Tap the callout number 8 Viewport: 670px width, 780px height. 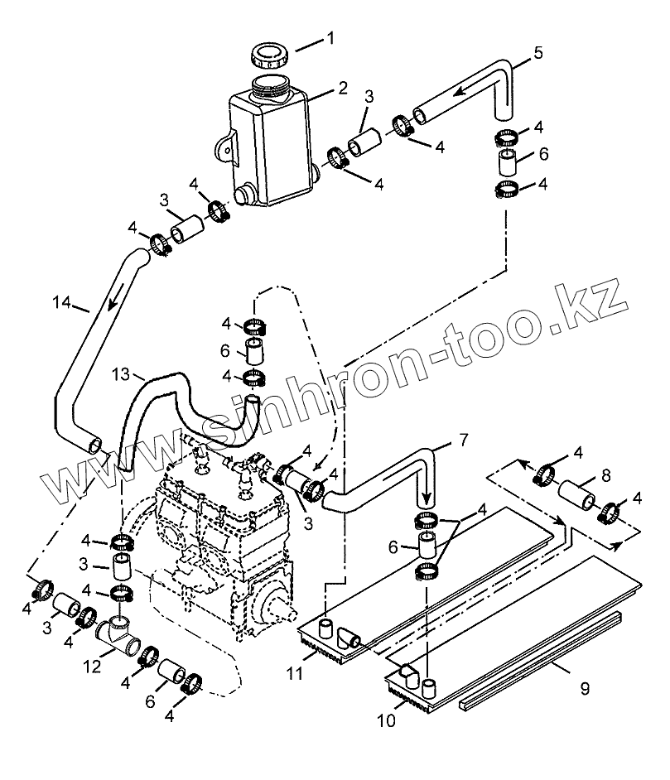pyautogui.click(x=607, y=476)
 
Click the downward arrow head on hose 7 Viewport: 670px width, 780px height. pyautogui.click(x=427, y=501)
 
